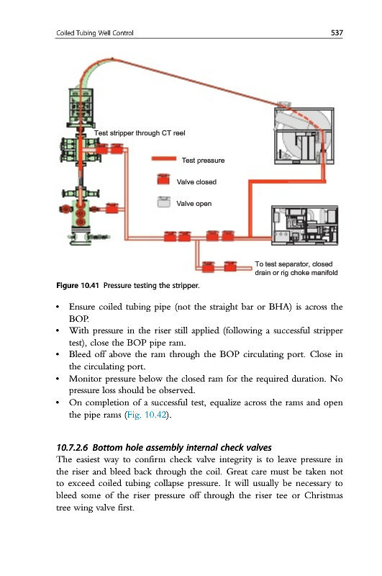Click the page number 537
[x=337, y=32]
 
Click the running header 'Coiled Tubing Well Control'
[x=95, y=33]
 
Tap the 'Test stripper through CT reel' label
[x=140, y=133]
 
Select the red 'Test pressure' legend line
[x=163, y=158]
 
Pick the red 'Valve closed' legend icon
[x=163, y=179]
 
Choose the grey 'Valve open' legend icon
[x=163, y=202]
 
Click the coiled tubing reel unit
[x=304, y=135]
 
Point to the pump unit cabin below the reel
[x=304, y=225]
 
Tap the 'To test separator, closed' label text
[x=294, y=264]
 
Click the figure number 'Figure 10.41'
[x=78, y=285]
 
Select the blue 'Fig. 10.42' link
[x=147, y=415]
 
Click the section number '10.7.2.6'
[x=72, y=447]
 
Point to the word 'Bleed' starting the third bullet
[x=79, y=354]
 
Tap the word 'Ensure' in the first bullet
[x=82, y=307]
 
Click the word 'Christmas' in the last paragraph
[x=323, y=495]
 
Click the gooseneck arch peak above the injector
[x=112, y=59]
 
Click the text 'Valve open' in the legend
[x=194, y=204]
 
